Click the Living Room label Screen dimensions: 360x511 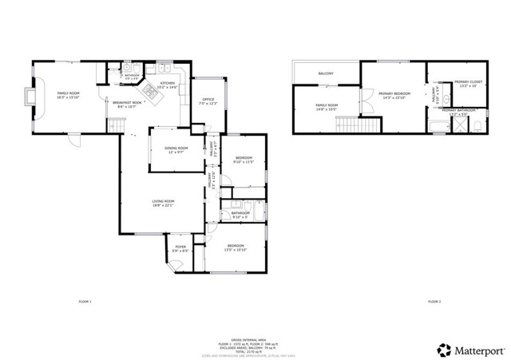[164, 204]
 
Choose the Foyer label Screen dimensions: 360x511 [180, 248]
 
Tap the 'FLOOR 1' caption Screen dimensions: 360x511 [85, 302]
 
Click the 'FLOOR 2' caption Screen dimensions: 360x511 [434, 302]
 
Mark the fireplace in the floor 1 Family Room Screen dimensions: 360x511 [31, 97]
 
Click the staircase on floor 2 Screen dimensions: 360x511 [351, 125]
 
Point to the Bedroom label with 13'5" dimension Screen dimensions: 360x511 [236, 247]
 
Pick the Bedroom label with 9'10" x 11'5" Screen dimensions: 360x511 [244, 160]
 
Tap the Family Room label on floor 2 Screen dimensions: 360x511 [327, 106]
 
